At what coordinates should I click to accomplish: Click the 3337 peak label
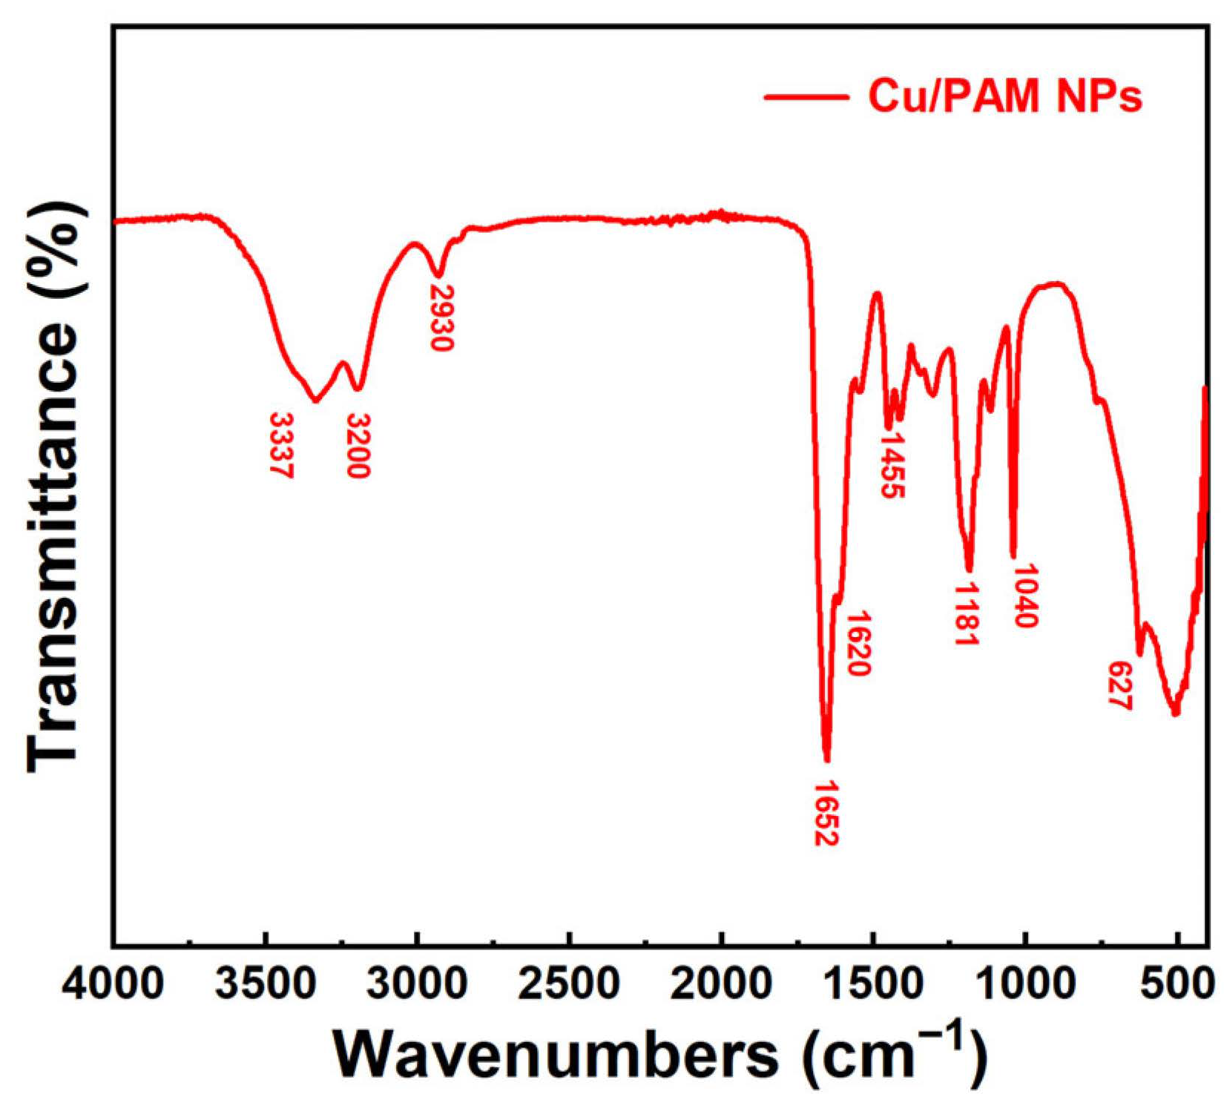click(x=282, y=445)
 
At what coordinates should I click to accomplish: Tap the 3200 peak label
click(x=358, y=445)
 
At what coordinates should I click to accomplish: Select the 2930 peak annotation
click(x=441, y=317)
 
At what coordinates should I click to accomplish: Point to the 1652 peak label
click(x=826, y=814)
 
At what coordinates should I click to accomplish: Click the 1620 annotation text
click(x=858, y=644)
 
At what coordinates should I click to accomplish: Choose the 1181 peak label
click(x=966, y=614)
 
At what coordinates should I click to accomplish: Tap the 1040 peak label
click(x=1025, y=596)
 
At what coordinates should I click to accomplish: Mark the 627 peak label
click(x=1119, y=685)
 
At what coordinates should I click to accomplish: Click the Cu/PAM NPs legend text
click(x=1005, y=96)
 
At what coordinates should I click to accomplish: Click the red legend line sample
click(x=806, y=97)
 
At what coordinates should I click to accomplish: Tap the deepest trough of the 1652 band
click(x=826, y=758)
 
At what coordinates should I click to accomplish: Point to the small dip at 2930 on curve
click(x=439, y=275)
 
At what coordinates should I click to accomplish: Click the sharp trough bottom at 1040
click(x=1013, y=555)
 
